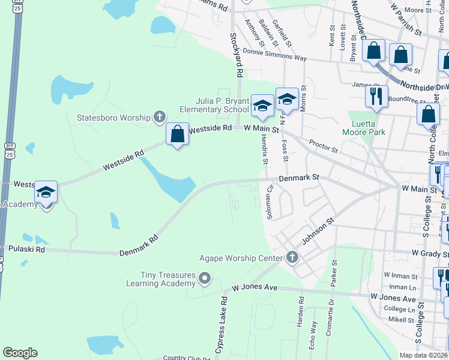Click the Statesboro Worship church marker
click(159, 116)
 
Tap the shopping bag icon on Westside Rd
click(177, 134)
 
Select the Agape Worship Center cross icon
click(292, 257)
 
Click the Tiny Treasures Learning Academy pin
click(205, 278)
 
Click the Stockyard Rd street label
click(237, 55)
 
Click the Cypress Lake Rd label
click(220, 324)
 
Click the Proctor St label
click(324, 145)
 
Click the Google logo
click(20, 353)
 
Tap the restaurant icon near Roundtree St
click(376, 95)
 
